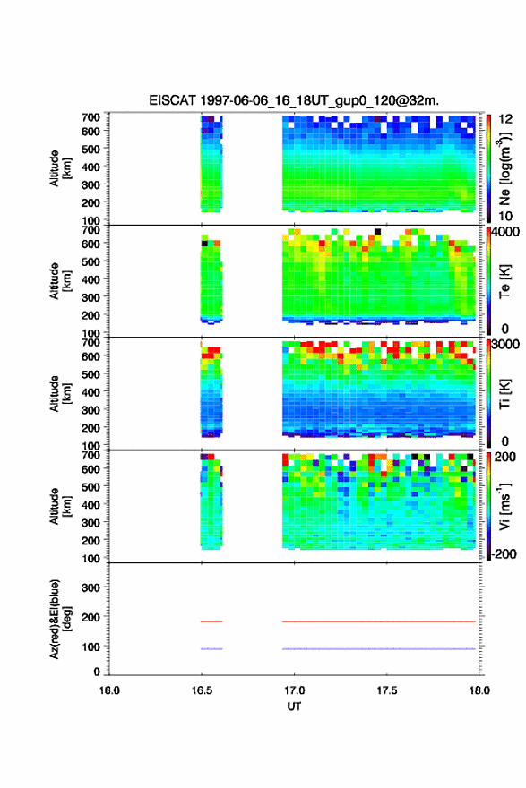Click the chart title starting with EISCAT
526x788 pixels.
[294, 100]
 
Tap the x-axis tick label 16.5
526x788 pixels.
[202, 690]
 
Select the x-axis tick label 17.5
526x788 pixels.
[387, 690]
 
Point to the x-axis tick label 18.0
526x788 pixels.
[479, 690]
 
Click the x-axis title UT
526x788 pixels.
[294, 707]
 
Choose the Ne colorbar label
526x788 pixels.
[504, 169]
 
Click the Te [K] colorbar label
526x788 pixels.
[504, 281]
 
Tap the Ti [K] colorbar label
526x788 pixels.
[504, 393]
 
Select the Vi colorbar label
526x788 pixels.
[504, 506]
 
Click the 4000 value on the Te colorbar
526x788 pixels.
[505, 232]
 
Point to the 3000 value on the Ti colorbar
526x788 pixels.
[505, 344]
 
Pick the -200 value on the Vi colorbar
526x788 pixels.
[504, 553]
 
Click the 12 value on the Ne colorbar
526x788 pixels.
[505, 119]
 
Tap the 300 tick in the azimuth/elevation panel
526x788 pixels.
[91, 587]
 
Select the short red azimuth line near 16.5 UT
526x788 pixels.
[211, 621]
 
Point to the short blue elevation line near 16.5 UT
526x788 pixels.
[211, 649]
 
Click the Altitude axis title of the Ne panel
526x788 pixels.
[60, 168]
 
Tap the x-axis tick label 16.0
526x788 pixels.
[109, 690]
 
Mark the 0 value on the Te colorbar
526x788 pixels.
[504, 329]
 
